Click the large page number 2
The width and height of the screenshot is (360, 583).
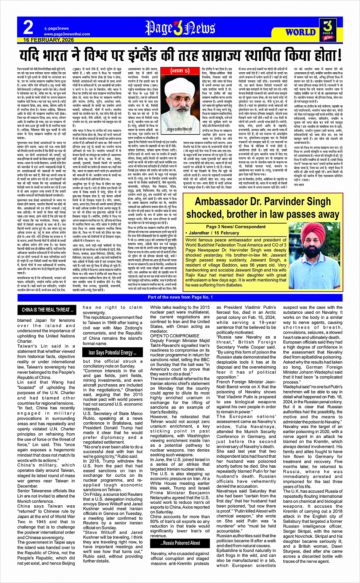pyautogui.click(x=28, y=28)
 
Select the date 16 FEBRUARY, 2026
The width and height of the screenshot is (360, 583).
pyautogui.click(x=48, y=40)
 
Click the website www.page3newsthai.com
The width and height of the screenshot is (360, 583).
pyautogui.click(x=67, y=34)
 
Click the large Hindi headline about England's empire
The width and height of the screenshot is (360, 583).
pyautogui.click(x=180, y=55)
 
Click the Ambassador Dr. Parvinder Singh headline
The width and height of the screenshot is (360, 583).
pyautogui.click(x=262, y=207)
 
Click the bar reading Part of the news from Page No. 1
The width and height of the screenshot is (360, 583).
pyautogui.click(x=180, y=297)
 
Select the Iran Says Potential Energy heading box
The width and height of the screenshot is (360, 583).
pyautogui.click(x=108, y=353)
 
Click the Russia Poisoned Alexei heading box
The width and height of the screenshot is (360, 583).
pyautogui.click(x=180, y=543)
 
